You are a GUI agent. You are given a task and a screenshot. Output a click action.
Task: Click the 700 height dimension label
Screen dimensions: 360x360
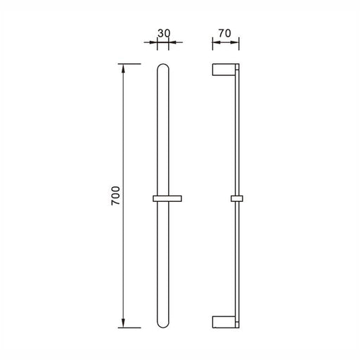[x=115, y=196]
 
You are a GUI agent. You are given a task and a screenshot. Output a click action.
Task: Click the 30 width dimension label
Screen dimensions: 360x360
[x=164, y=33]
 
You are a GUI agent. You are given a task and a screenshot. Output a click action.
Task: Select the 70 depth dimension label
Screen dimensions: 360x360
[x=225, y=33]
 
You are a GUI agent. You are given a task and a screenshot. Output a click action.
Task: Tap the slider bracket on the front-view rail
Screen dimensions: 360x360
[x=167, y=198]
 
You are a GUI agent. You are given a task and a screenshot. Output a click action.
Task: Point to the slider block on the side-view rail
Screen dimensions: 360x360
[x=237, y=198]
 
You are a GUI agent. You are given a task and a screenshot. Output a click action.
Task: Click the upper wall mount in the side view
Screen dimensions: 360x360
[x=224, y=70]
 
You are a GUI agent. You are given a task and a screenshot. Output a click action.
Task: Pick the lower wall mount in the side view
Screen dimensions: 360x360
[x=224, y=322]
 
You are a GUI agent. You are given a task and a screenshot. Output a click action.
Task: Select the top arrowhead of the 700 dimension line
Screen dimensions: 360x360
[x=123, y=67]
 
